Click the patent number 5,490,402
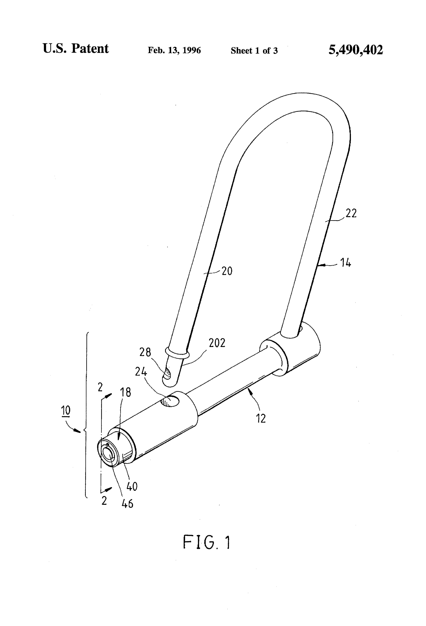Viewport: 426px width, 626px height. (355, 50)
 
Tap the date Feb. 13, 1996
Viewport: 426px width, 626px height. (174, 50)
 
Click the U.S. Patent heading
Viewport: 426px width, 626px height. (76, 49)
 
